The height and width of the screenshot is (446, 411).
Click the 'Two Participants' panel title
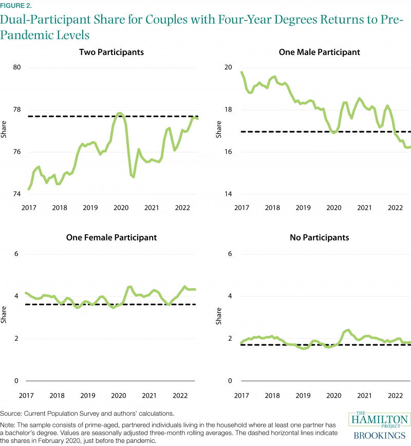click(111, 52)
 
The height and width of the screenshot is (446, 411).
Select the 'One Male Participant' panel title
click(319, 52)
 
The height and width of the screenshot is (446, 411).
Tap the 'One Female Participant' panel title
click(111, 237)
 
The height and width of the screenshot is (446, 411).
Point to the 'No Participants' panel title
click(319, 237)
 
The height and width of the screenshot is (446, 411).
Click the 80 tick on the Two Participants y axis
click(16, 68)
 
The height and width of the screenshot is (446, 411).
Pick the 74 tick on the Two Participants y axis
click(16, 194)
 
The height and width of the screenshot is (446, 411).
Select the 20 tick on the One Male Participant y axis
click(230, 68)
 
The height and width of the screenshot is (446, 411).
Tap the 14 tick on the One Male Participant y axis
click(230, 194)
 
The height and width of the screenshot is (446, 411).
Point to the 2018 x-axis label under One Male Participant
click(272, 208)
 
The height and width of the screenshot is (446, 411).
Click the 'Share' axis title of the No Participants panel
click(218, 318)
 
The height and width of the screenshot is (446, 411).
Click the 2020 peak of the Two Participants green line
click(119, 113)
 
